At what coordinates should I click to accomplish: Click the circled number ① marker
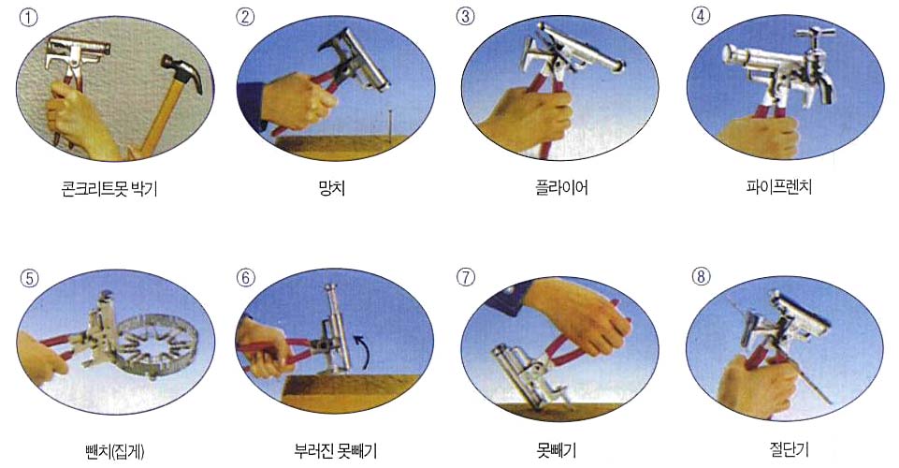point(28,17)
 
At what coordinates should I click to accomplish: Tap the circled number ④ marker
point(701,16)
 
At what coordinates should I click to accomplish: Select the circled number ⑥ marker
point(245,278)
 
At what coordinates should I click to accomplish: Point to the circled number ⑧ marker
point(701,277)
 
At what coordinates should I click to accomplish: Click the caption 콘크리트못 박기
point(109,189)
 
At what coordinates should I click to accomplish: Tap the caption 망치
point(332,187)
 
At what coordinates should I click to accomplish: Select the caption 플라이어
point(561,187)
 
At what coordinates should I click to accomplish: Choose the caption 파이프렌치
point(778,187)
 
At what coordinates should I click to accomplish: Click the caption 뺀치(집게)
point(115,452)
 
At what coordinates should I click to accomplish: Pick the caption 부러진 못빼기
point(336,451)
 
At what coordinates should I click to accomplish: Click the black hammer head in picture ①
point(182,72)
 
